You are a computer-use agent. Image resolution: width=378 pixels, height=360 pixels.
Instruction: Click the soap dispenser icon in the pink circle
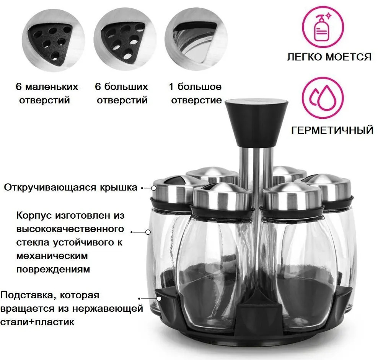323,27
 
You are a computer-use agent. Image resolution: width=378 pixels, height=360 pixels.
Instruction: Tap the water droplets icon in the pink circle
323,98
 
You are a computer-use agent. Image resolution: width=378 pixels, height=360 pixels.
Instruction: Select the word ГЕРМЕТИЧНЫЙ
332,130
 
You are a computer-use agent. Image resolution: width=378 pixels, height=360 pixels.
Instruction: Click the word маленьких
52,87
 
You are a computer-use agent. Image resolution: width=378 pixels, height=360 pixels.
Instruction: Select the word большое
199,87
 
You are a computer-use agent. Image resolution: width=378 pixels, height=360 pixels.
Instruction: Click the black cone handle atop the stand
256,123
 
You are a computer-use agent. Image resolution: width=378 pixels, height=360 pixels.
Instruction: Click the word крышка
118,188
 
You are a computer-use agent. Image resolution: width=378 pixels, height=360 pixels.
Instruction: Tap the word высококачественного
70,229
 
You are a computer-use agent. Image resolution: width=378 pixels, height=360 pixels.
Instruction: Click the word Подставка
28,295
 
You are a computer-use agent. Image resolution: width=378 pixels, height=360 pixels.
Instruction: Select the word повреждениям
53,270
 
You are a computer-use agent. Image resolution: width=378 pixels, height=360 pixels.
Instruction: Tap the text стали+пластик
37,322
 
